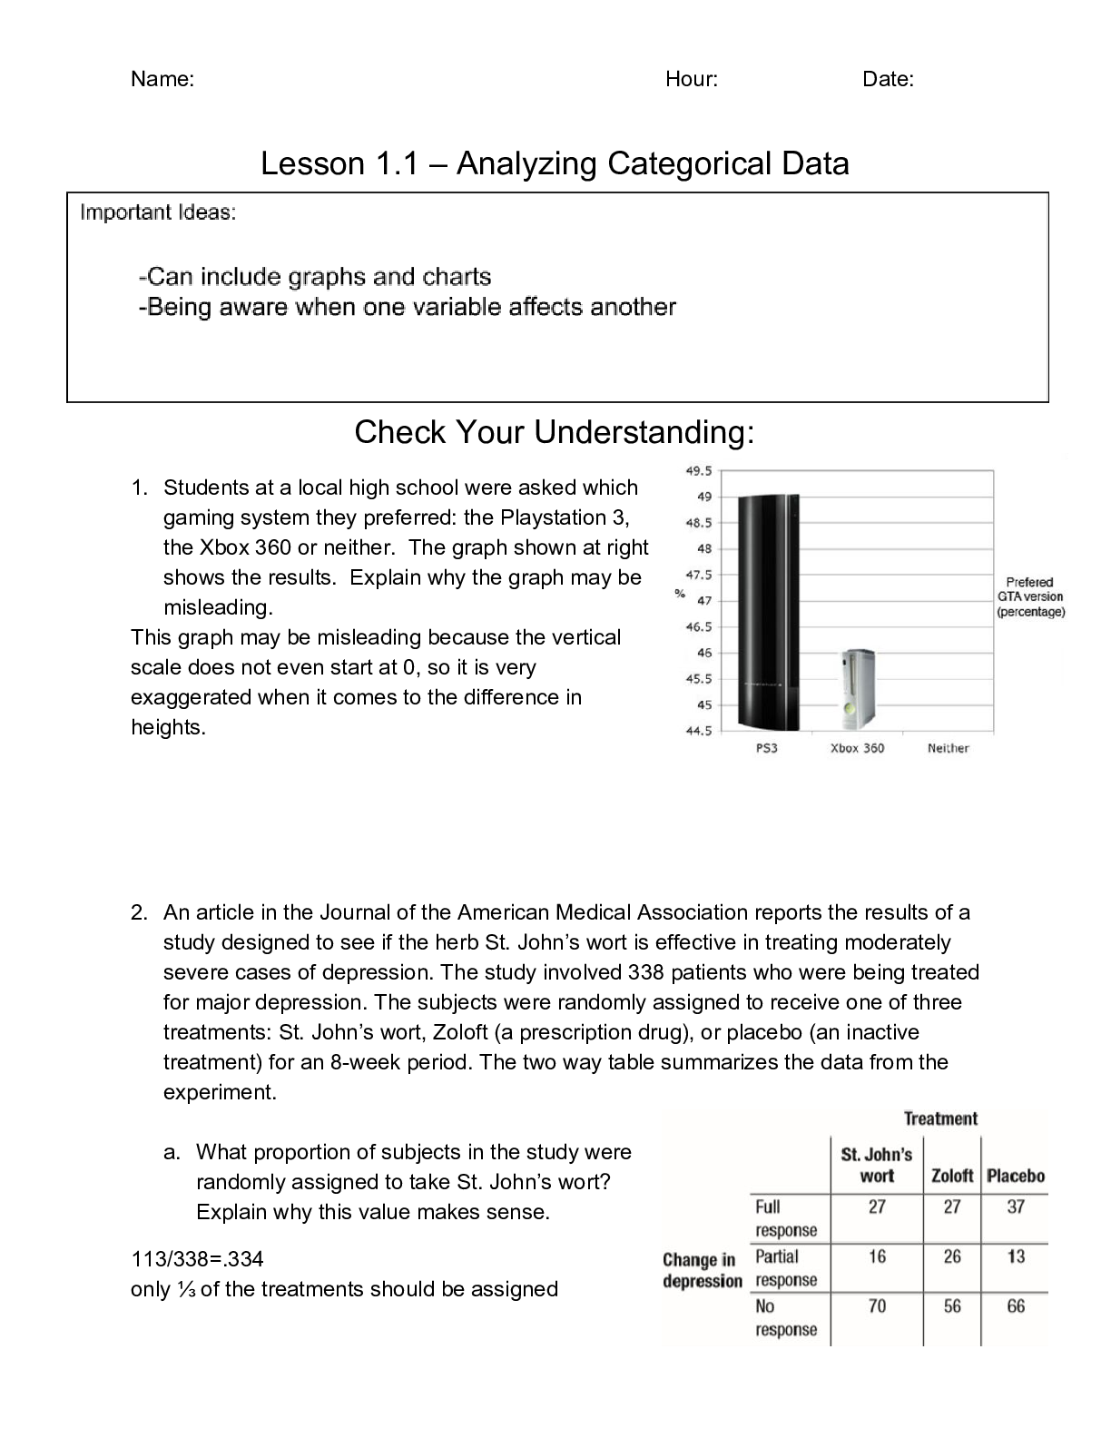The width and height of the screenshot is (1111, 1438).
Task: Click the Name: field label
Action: pyautogui.click(x=162, y=79)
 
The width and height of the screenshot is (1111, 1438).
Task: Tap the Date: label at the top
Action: pyautogui.click(x=888, y=79)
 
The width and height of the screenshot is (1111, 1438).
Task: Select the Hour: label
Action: pyautogui.click(x=692, y=79)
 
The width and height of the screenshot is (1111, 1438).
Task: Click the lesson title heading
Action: pyautogui.click(x=555, y=163)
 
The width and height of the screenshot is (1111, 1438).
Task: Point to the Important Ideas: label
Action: pyautogui.click(x=158, y=212)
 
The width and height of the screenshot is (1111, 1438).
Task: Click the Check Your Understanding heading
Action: pyautogui.click(x=554, y=432)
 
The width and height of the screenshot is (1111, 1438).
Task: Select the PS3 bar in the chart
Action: pyautogui.click(x=768, y=613)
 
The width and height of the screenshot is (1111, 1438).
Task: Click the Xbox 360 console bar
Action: pyautogui.click(x=857, y=690)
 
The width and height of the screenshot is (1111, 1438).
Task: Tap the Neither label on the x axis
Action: pyautogui.click(x=948, y=748)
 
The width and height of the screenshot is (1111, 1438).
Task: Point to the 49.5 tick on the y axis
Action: pyautogui.click(x=699, y=471)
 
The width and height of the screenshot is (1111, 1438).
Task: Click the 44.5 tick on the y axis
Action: pyautogui.click(x=699, y=731)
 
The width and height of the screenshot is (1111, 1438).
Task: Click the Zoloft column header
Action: pyautogui.click(x=952, y=1177)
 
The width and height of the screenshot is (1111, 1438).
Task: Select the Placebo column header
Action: pyautogui.click(x=1016, y=1177)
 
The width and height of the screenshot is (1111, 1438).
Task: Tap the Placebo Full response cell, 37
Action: pyautogui.click(x=1016, y=1207)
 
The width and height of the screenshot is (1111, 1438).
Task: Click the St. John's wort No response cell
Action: pyautogui.click(x=877, y=1306)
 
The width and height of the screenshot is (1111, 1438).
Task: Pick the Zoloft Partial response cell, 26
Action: pyautogui.click(x=952, y=1256)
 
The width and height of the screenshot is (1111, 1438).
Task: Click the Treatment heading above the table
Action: pyautogui.click(x=940, y=1118)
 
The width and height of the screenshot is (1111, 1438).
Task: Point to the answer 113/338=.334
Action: pyautogui.click(x=197, y=1259)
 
